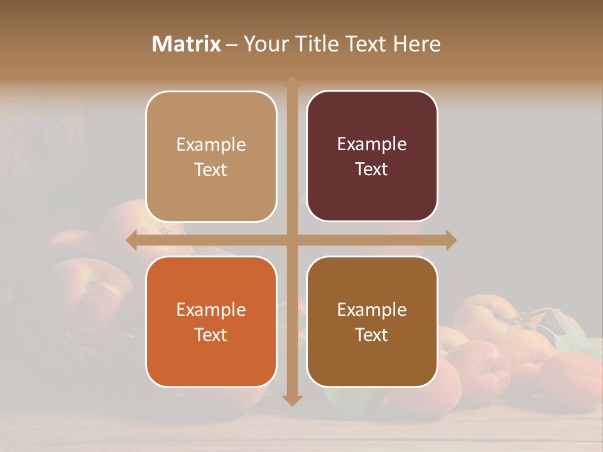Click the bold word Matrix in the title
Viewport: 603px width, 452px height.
pyautogui.click(x=187, y=44)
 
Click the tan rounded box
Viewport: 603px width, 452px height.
pyautogui.click(x=211, y=156)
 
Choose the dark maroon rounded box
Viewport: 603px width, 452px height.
pyautogui.click(x=372, y=156)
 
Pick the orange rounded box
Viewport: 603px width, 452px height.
pyautogui.click(x=211, y=321)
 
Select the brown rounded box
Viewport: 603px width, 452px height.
pyautogui.click(x=372, y=321)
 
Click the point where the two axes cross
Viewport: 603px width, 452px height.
pyautogui.click(x=292, y=240)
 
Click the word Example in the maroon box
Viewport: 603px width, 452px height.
pyautogui.click(x=372, y=144)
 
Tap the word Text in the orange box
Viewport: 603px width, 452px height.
pyautogui.click(x=211, y=335)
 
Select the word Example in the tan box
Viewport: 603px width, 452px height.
pyautogui.click(x=211, y=144)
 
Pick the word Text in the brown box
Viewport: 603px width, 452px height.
pyautogui.click(x=372, y=335)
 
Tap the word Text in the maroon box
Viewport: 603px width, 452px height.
pyautogui.click(x=372, y=169)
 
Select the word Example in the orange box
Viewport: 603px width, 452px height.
pyautogui.click(x=211, y=309)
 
